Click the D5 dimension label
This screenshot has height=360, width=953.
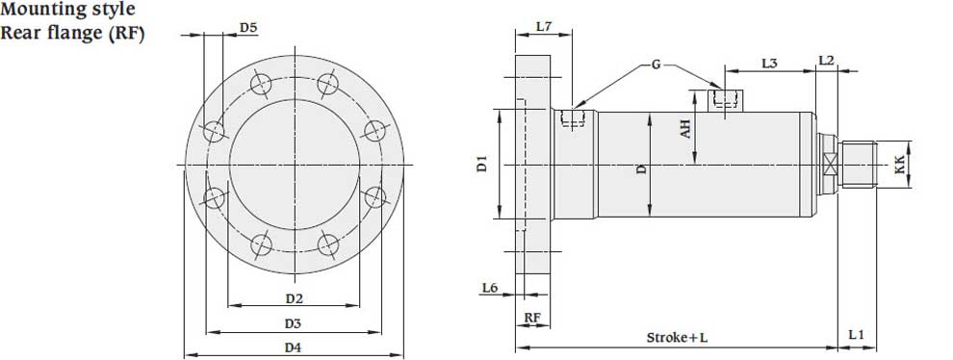pos(248,27)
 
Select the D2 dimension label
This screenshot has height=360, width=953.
pos(295,298)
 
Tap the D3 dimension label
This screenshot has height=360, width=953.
pos(293,324)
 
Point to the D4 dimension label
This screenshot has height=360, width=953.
pos(294,347)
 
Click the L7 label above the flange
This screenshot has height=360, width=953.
pos(543,26)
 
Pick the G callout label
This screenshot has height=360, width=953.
pos(657,64)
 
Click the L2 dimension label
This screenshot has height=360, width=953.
pos(826,61)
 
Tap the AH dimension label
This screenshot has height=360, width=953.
pos(685,128)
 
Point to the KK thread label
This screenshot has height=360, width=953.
pos(900,165)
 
